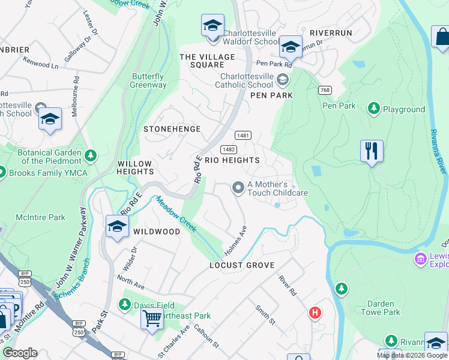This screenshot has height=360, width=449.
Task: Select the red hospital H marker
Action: [315, 313]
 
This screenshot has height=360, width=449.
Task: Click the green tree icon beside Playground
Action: [374, 109]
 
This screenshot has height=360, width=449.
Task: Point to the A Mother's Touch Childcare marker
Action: [238, 188]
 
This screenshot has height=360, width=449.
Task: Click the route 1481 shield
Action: [243, 136]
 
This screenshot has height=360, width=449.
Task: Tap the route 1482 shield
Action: [228, 149]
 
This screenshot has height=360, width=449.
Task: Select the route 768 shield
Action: [325, 90]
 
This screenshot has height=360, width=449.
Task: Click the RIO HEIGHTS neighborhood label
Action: [232, 160]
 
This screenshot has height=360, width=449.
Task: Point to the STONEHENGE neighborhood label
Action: [172, 129]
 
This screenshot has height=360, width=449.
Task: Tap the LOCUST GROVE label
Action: [242, 265]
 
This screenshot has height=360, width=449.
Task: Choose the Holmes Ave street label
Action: [235, 239]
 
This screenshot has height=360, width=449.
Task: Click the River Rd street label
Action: [288, 285]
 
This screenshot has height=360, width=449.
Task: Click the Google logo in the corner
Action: [20, 353]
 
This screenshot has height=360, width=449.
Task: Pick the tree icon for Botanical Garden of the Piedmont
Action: [91, 156]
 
